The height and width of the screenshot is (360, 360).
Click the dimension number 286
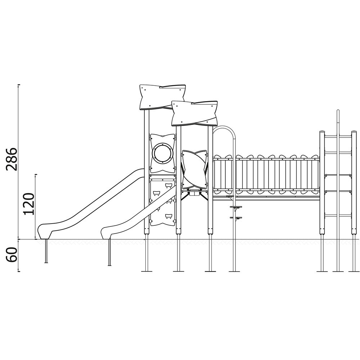[x=12, y=159]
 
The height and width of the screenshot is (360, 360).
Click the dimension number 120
[x=29, y=204]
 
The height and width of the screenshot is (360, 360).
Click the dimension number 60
[x=12, y=255]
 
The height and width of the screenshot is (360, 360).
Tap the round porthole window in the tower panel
[x=163, y=153]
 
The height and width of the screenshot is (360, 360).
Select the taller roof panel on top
[x=163, y=97]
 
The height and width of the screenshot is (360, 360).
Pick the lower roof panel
[x=194, y=113]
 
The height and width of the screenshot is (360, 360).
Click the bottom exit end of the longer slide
[x=44, y=231]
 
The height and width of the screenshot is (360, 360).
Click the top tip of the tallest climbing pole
[x=338, y=111]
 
